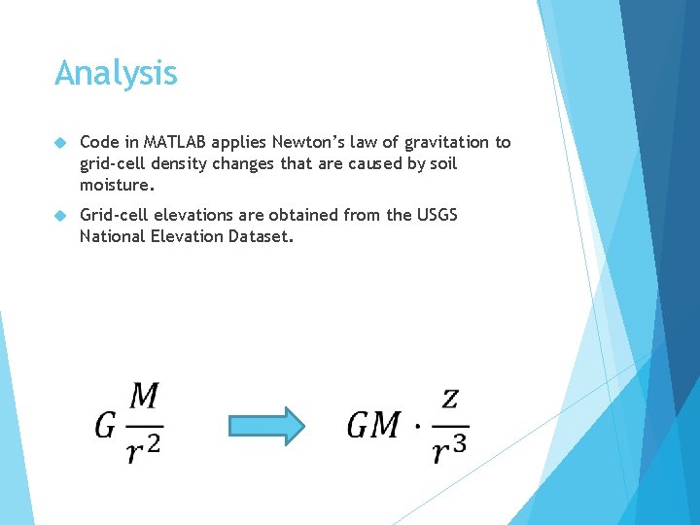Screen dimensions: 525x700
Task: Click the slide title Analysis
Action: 116,74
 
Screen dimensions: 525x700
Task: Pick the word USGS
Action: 437,215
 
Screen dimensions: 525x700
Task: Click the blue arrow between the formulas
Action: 266,425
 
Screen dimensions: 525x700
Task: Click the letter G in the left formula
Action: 106,425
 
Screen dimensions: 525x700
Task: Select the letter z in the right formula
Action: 449,399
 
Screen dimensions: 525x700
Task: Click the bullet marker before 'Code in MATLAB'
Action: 60,143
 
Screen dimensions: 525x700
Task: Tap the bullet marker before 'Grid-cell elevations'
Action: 60,215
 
